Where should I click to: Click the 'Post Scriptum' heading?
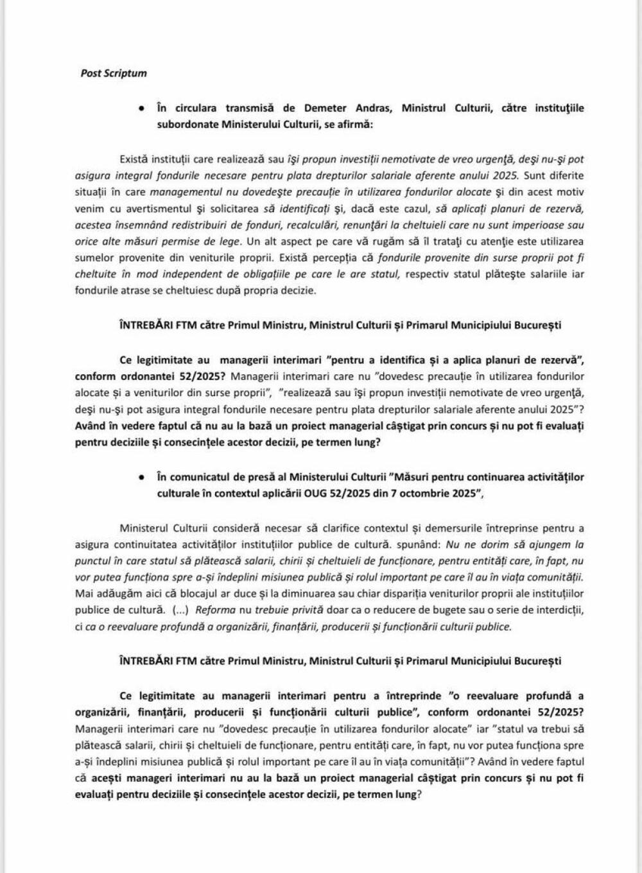tap(114, 73)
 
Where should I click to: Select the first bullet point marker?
tap(140, 108)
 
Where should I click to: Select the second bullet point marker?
tap(140, 478)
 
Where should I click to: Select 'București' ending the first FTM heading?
tap(538, 325)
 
